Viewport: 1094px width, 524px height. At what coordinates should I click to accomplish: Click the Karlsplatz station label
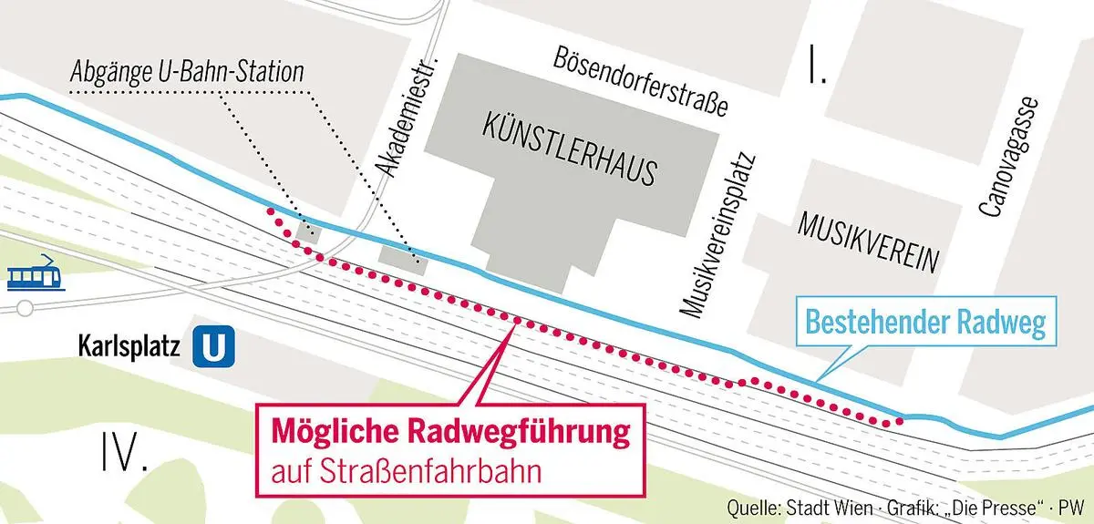coord(131,347)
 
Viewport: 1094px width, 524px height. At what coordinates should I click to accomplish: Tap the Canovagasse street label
coord(1008,156)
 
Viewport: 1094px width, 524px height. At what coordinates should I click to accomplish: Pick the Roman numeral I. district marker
coord(816,66)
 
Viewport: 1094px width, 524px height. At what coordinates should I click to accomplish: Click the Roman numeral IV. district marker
coord(125,452)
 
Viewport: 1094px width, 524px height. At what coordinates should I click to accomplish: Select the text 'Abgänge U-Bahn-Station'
coord(187,73)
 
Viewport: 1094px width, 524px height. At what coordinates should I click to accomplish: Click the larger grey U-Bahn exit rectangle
coord(402,255)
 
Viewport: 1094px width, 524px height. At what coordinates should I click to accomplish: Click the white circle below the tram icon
coord(25,309)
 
